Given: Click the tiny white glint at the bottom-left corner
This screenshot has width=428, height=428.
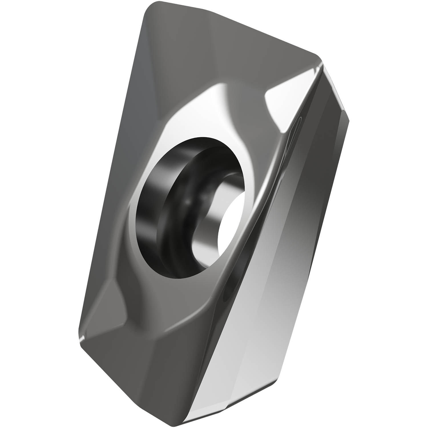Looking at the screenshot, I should pos(82,339).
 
